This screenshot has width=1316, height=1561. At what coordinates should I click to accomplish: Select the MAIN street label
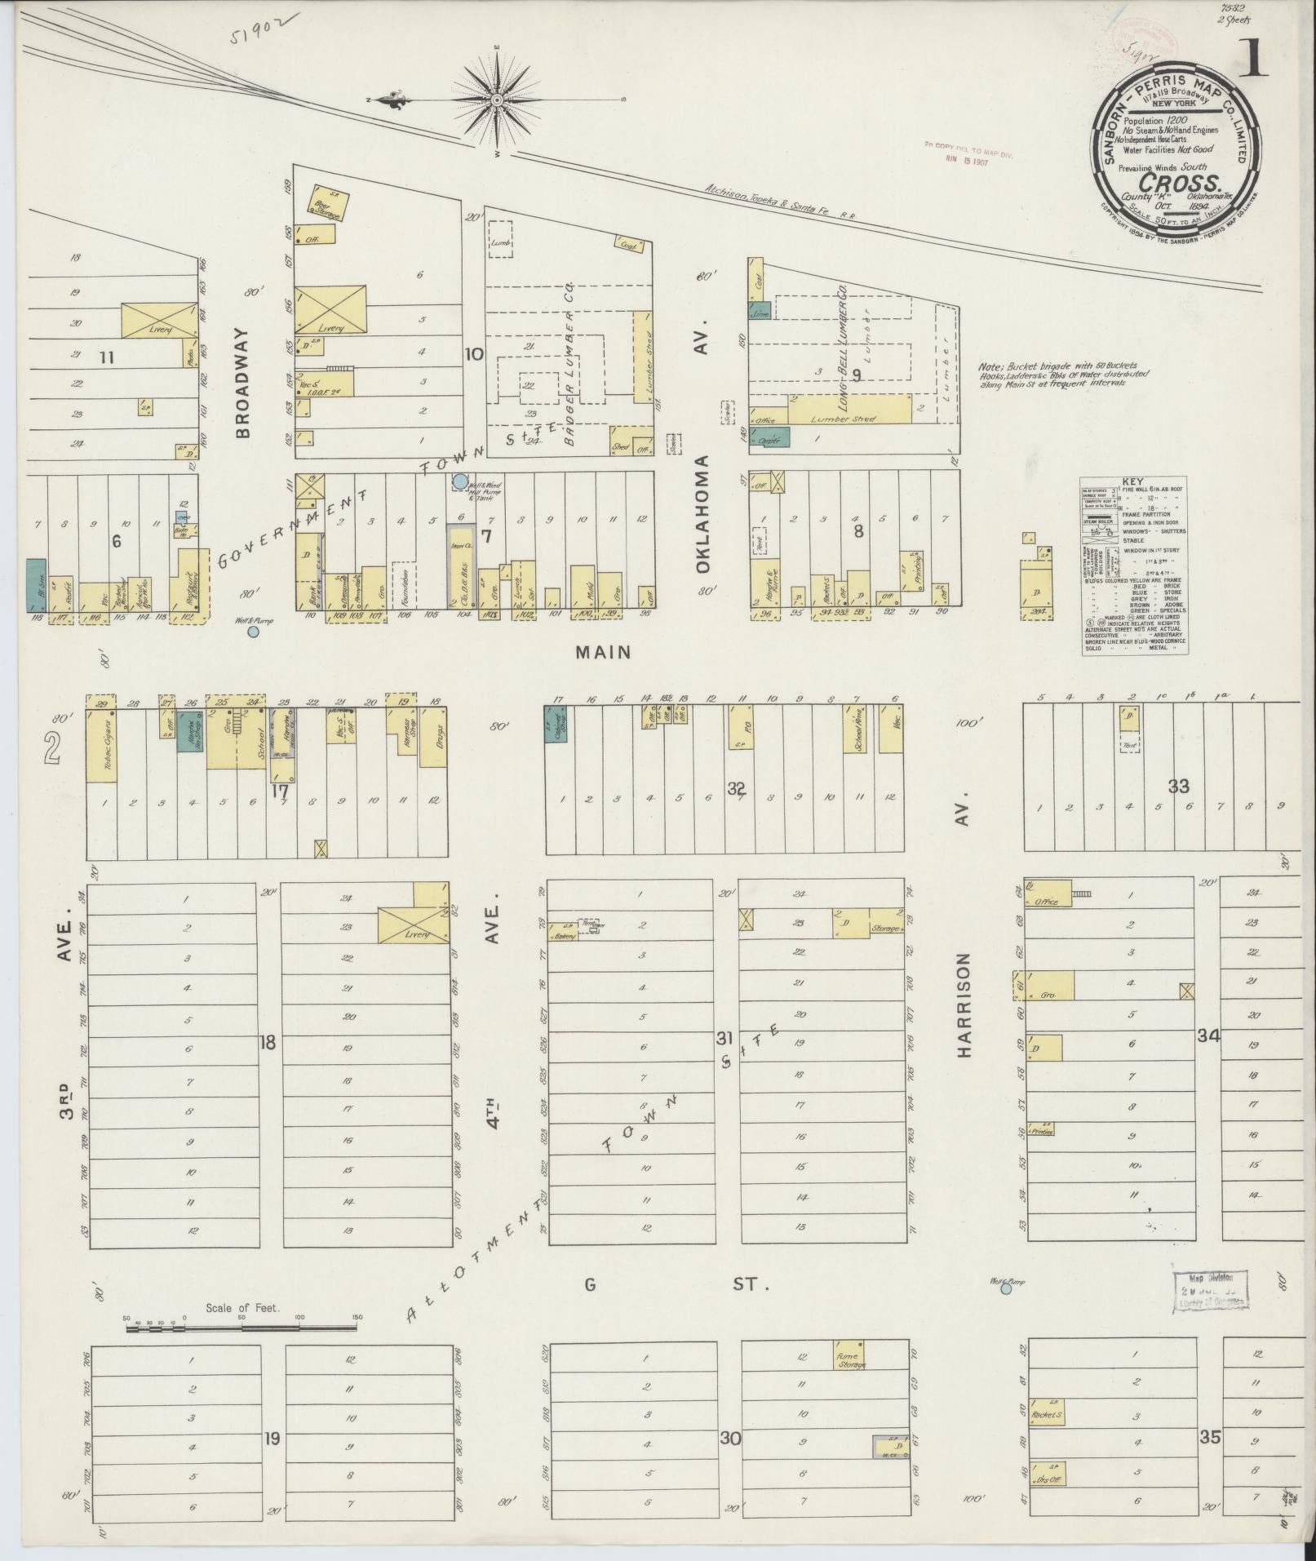click(x=604, y=651)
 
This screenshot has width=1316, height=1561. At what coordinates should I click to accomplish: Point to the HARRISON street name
click(x=965, y=1005)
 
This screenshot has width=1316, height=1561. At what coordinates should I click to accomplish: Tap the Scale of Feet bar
click(x=241, y=1328)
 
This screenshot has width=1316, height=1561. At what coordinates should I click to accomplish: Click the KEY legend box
click(x=1134, y=565)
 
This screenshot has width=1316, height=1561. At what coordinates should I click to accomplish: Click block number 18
click(x=268, y=1041)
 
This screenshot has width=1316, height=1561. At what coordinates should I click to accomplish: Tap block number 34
click(x=1208, y=1035)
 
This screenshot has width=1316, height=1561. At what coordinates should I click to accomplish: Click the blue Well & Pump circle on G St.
click(x=1006, y=1289)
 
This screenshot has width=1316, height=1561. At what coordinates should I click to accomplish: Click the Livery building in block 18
click(x=414, y=925)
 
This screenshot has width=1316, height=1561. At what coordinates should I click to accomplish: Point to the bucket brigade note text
click(x=1063, y=375)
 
